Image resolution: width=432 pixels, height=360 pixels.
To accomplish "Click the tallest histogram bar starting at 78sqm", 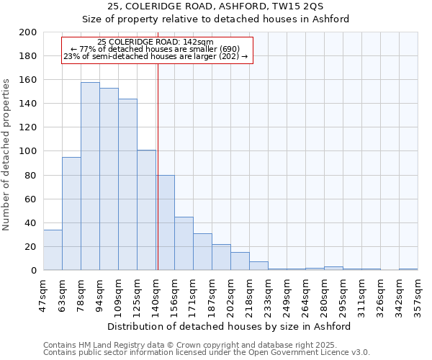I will tap(90, 176).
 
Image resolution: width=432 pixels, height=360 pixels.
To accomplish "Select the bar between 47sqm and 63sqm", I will tap(53, 250).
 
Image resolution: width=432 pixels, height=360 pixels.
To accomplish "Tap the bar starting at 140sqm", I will tap(165, 222).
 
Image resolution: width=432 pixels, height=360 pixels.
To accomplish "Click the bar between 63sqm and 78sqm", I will tap(71, 214).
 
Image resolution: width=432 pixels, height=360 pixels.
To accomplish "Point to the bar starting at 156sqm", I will tap(184, 243).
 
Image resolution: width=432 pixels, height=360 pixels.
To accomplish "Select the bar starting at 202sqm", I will tap(240, 261).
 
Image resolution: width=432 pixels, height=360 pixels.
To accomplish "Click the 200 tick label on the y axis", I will tap(28, 32).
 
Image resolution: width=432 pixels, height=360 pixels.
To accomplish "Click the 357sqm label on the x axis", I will tap(418, 295).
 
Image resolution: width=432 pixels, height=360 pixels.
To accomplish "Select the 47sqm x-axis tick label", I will tap(44, 295).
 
